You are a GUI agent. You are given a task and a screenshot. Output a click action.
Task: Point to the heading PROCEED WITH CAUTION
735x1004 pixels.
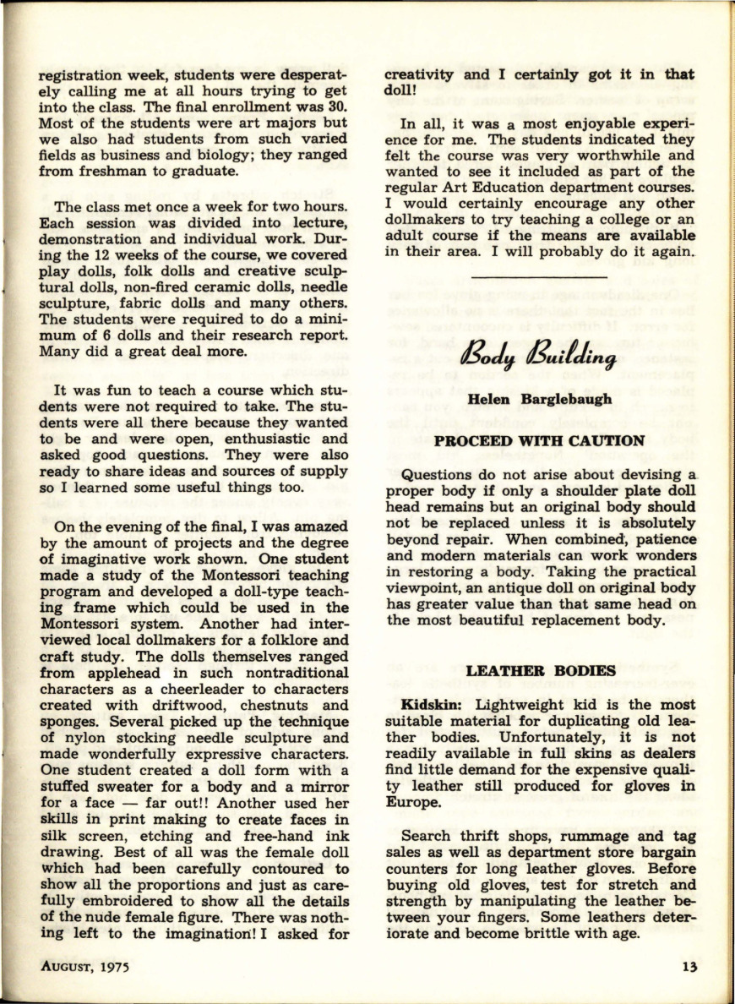coord(539,440)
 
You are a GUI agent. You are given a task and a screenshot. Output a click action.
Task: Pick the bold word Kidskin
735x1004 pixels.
coord(431,704)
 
